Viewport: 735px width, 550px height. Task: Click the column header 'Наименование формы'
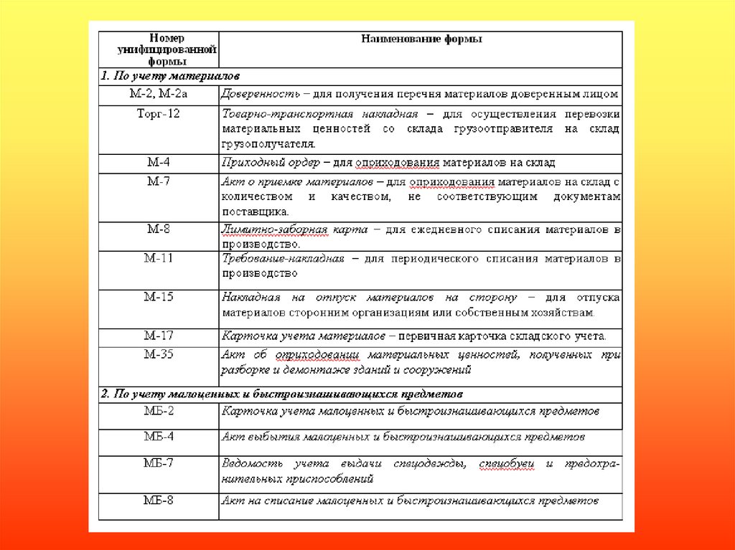(421, 39)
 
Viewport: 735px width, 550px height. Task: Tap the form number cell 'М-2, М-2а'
(158, 94)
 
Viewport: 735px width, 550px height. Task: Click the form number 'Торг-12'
(158, 114)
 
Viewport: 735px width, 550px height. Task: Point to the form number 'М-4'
(158, 163)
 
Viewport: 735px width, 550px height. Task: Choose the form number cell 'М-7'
(158, 181)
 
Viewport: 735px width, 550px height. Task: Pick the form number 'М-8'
(158, 229)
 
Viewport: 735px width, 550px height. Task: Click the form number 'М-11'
(158, 257)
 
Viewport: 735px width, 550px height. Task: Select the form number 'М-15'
(158, 297)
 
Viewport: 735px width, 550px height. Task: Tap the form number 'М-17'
(158, 335)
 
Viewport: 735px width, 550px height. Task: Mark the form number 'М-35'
(158, 354)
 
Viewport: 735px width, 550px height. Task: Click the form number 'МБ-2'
(158, 412)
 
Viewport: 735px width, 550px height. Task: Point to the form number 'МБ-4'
(158, 436)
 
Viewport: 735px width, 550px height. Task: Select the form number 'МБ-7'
(158, 463)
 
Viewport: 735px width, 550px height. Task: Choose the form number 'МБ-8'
(158, 501)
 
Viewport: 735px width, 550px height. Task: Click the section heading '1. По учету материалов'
(170, 75)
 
